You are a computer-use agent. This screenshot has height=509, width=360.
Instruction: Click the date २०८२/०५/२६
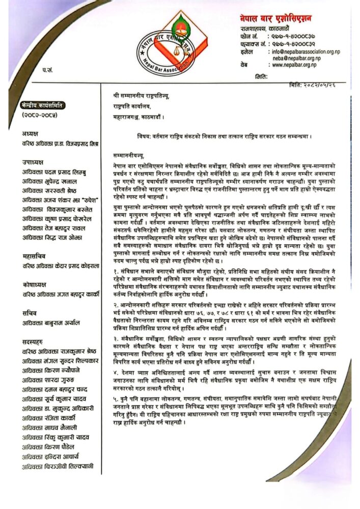pos(322,83)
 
